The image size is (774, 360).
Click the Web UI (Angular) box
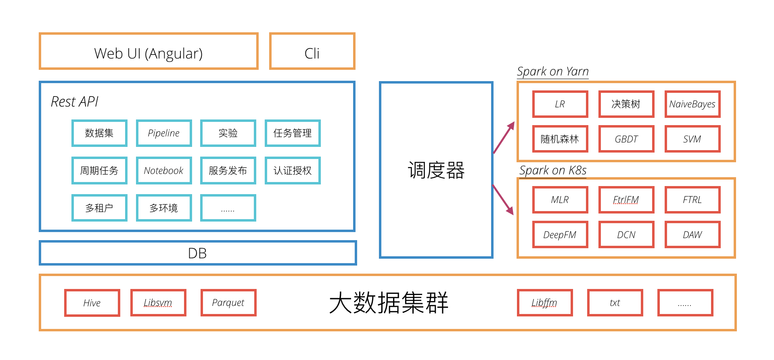149,52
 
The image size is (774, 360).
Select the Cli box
312,52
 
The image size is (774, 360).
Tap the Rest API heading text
75,102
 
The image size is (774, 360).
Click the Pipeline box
163,133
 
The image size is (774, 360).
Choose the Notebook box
163,170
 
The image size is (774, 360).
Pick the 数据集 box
99,133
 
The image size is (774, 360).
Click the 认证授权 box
293,170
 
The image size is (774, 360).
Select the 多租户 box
99,208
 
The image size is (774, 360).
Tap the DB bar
197,253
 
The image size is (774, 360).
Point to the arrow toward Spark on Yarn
504,138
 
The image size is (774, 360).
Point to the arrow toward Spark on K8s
503,200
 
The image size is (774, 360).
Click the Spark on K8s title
553,170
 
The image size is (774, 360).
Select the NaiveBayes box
692,104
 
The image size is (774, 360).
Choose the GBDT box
626,139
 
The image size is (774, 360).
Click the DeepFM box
560,234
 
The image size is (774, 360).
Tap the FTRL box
692,200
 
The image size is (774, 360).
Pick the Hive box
92,303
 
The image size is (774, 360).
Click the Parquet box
228,303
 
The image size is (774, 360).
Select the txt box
615,303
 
